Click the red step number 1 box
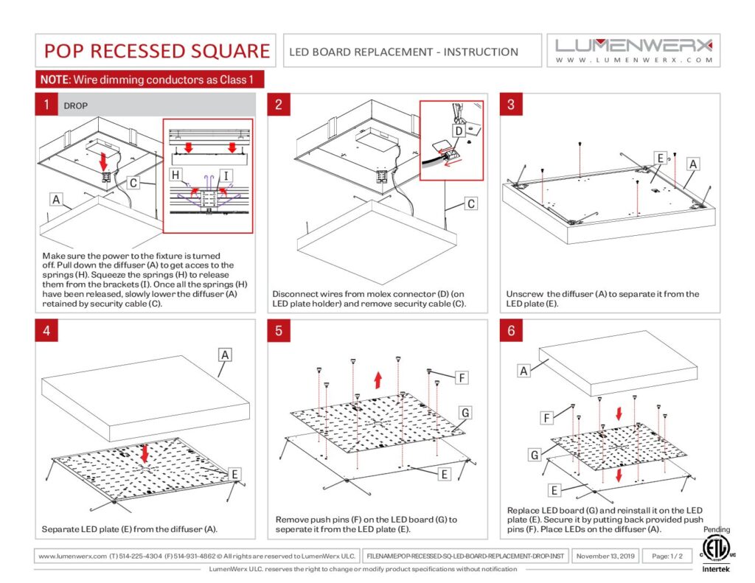[46, 105]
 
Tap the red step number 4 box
[46, 331]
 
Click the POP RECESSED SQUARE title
[156, 51]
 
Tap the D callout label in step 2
[458, 131]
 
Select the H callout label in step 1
[175, 174]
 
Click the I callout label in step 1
[226, 174]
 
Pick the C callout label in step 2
[469, 203]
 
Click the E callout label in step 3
[661, 157]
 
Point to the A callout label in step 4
[226, 355]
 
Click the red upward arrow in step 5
[377, 380]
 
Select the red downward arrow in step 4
[145, 452]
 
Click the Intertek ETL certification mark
[712, 549]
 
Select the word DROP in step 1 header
[76, 105]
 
